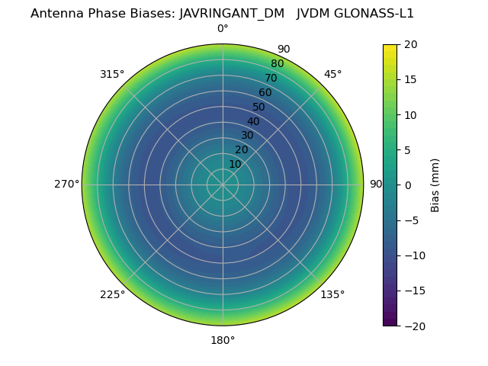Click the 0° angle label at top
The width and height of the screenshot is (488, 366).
(223, 29)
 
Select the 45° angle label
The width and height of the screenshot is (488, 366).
(332, 74)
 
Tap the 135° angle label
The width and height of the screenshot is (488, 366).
(332, 294)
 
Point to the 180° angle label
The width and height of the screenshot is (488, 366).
(223, 340)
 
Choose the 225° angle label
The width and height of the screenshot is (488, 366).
(112, 294)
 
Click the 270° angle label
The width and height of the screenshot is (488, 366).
(66, 184)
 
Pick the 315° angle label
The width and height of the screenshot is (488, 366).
(112, 74)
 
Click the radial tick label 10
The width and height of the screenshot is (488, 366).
(236, 164)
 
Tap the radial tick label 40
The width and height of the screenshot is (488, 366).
(253, 121)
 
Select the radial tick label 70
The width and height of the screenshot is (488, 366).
(271, 78)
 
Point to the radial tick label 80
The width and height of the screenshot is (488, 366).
(277, 63)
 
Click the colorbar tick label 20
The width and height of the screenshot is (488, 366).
(410, 44)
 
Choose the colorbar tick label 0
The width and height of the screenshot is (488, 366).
(407, 185)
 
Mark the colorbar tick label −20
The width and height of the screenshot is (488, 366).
(413, 326)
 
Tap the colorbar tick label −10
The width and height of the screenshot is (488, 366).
(413, 255)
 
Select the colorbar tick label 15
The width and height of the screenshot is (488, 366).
(410, 79)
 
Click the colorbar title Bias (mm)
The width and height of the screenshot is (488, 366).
(435, 185)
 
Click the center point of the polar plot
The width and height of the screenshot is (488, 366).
(223, 185)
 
